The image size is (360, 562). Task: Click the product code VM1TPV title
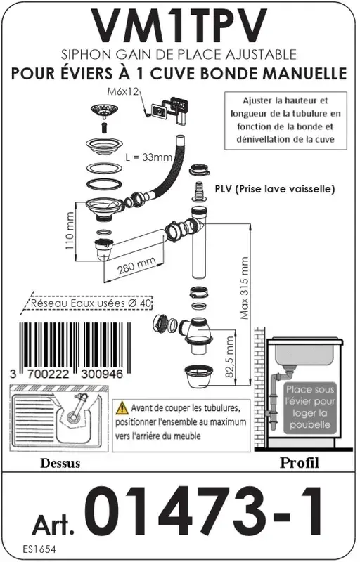tap(180, 27)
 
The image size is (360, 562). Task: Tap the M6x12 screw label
tap(124, 92)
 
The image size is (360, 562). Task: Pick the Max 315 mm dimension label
tap(244, 289)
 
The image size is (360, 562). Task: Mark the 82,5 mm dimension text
tap(229, 358)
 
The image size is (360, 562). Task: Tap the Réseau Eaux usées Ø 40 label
tap(87, 304)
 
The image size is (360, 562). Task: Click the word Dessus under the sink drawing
tap(60, 463)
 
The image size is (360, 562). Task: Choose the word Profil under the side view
tap(299, 463)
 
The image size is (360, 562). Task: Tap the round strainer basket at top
tap(104, 110)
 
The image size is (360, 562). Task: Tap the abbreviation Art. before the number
tap(54, 523)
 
